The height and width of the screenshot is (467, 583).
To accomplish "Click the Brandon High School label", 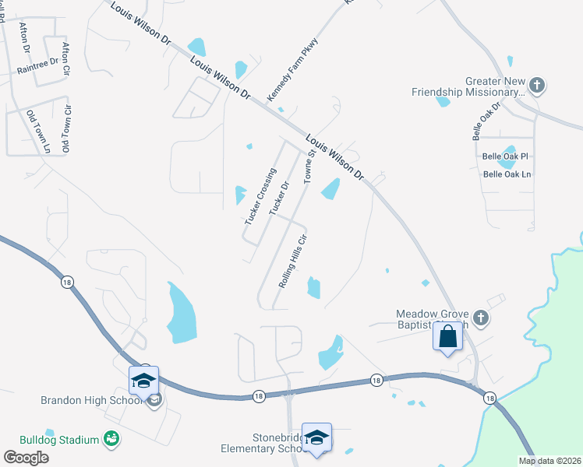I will (92, 401).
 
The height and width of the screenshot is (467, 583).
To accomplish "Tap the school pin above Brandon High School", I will (143, 381).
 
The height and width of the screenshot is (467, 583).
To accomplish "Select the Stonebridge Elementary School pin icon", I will (317, 437).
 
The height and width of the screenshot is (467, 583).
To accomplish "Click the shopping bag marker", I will (448, 336).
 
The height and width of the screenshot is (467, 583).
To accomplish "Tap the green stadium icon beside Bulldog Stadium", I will (113, 440).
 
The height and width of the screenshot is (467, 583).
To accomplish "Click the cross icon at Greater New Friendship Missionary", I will (536, 83).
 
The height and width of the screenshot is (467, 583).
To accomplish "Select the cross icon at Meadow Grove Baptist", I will (481, 318).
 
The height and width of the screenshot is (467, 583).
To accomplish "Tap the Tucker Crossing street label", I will (260, 197).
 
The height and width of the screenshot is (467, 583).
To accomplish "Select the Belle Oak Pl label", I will (505, 156).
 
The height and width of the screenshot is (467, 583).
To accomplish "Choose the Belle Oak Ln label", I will (507, 174).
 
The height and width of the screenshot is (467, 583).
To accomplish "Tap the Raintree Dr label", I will (37, 66).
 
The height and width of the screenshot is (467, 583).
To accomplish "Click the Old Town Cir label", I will (67, 128).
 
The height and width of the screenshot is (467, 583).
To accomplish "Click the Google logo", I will (26, 457).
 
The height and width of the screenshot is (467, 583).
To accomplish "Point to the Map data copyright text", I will (549, 461).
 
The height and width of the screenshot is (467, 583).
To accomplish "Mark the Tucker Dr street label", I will (279, 199).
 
